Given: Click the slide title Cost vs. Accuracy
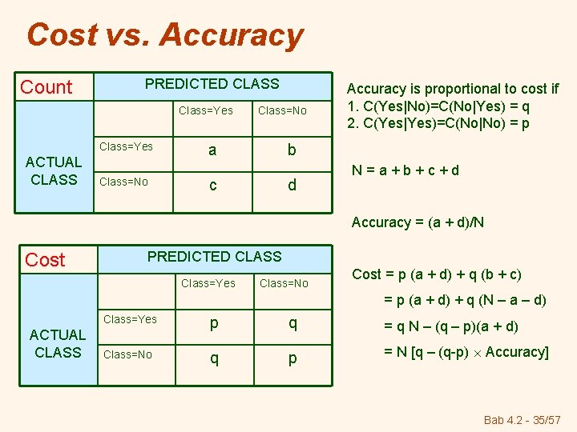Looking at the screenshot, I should pos(165,35).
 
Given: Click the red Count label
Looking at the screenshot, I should pos(46,87).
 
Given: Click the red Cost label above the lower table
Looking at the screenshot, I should pos(45,259).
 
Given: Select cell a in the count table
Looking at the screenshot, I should pos(212,150).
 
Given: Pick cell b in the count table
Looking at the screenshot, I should pos(292,150).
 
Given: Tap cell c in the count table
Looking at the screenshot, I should pos(212,185).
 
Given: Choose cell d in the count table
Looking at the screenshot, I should pos(292,185).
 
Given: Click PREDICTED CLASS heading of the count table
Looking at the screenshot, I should pos(212,84).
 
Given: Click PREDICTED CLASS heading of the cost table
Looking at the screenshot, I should pos(214,257).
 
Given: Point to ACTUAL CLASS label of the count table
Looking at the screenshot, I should pos(54,171).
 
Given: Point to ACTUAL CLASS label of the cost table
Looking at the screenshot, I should pos(58,343).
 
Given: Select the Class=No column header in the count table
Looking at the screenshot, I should pos(282,110).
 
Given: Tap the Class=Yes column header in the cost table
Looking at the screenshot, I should pos(208,283).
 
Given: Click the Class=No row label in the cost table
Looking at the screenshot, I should pos(128,354).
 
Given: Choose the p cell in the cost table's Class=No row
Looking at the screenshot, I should pos(293,358).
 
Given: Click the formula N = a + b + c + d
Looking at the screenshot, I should pos(406,170).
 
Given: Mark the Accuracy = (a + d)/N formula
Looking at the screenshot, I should pos(418,222).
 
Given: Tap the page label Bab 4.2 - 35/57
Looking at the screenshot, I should pos(523,419).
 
